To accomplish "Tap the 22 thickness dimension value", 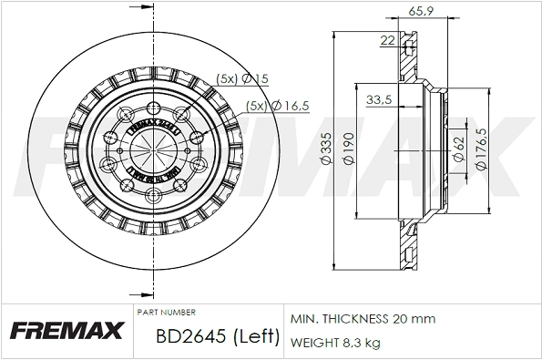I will [x=387, y=40].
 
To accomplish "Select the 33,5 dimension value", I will [x=378, y=99].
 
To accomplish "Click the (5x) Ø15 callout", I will [x=241, y=79].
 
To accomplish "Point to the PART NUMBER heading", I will [x=165, y=312].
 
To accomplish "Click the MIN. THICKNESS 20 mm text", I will [x=363, y=319].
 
